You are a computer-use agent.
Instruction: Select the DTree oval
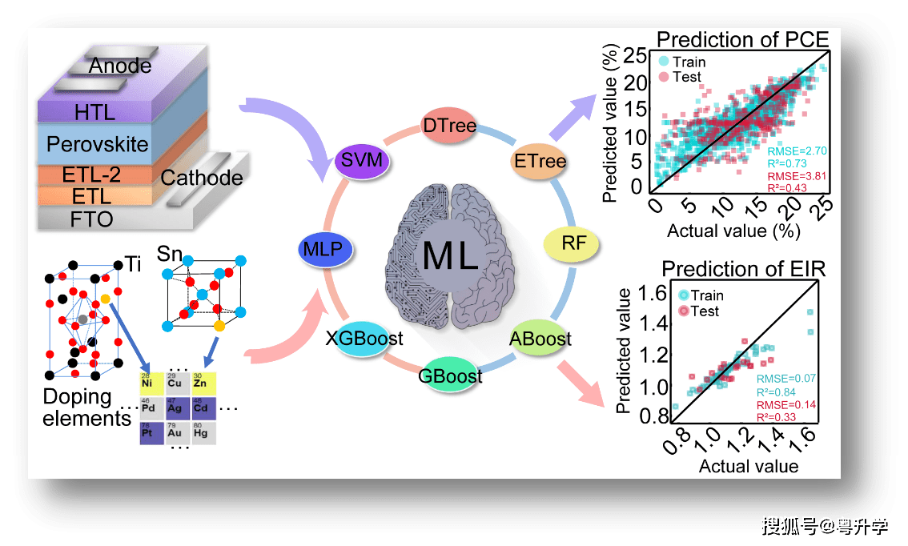448,126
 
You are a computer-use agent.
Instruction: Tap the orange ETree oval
540,161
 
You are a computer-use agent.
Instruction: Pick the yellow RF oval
572,244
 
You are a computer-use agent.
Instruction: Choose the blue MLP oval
326,249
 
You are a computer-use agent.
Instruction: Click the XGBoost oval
364,338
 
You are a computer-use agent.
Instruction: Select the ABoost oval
540,338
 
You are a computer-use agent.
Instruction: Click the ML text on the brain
450,255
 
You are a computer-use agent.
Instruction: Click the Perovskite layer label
98,145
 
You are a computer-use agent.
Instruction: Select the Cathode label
202,178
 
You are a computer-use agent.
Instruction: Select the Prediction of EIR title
744,269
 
